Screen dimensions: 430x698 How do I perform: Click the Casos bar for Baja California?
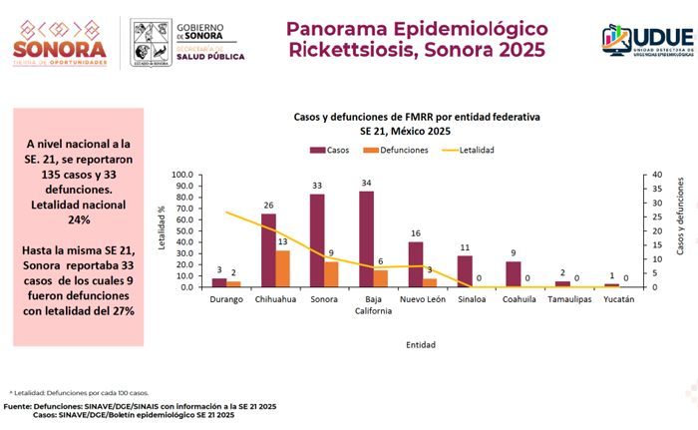[366, 239]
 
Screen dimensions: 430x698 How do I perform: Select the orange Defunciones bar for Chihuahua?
[284, 268]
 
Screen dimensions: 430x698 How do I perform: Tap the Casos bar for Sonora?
[317, 240]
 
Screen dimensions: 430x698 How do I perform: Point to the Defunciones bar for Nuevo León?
[430, 282]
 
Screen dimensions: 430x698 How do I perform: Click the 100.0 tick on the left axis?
[182, 175]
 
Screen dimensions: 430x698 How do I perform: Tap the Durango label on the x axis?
[226, 299]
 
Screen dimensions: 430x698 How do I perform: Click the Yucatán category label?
[618, 299]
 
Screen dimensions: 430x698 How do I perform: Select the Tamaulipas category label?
[569, 299]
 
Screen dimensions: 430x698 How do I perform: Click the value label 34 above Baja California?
[366, 184]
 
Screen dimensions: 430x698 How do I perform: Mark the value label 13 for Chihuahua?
[284, 242]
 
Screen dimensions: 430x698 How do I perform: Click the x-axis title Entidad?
[420, 345]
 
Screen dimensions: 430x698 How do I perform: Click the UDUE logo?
[647, 39]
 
